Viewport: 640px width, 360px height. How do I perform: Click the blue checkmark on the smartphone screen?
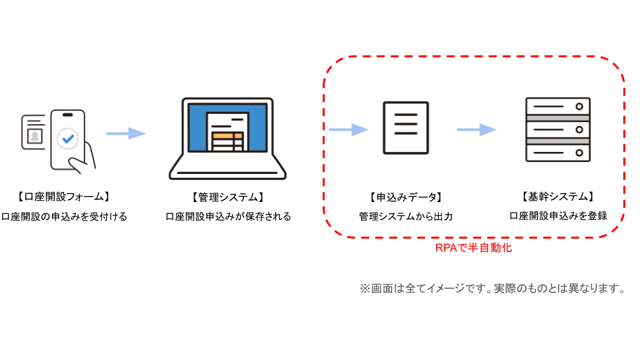(x=68, y=139)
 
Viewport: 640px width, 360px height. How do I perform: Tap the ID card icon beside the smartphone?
(x=33, y=132)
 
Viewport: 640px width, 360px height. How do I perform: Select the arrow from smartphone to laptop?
(x=126, y=133)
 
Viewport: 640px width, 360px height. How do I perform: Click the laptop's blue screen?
(x=227, y=127)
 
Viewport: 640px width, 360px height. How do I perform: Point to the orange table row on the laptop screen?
(x=227, y=136)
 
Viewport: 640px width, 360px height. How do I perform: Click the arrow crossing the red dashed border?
(x=348, y=130)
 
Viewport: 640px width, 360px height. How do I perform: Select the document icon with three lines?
(x=406, y=128)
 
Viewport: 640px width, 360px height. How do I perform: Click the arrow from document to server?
(x=476, y=130)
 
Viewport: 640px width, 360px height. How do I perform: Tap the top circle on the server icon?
(x=579, y=107)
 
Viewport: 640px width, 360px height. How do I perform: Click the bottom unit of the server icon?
(x=558, y=153)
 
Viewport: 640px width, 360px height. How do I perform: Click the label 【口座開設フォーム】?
(x=64, y=197)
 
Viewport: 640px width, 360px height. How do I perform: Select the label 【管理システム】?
(x=228, y=197)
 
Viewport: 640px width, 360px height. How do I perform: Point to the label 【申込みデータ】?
(x=406, y=197)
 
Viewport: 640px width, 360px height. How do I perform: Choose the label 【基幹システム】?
(x=558, y=197)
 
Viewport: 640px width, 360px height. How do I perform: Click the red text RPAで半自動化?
(x=473, y=248)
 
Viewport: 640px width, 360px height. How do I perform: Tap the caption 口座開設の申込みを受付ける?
(x=64, y=216)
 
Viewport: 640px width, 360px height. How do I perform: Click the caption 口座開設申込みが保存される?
(x=228, y=216)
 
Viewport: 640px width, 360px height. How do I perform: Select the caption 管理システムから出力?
(x=406, y=216)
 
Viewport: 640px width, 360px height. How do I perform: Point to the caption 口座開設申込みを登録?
(x=559, y=215)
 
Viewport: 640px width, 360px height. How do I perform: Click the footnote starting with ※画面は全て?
(x=493, y=289)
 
